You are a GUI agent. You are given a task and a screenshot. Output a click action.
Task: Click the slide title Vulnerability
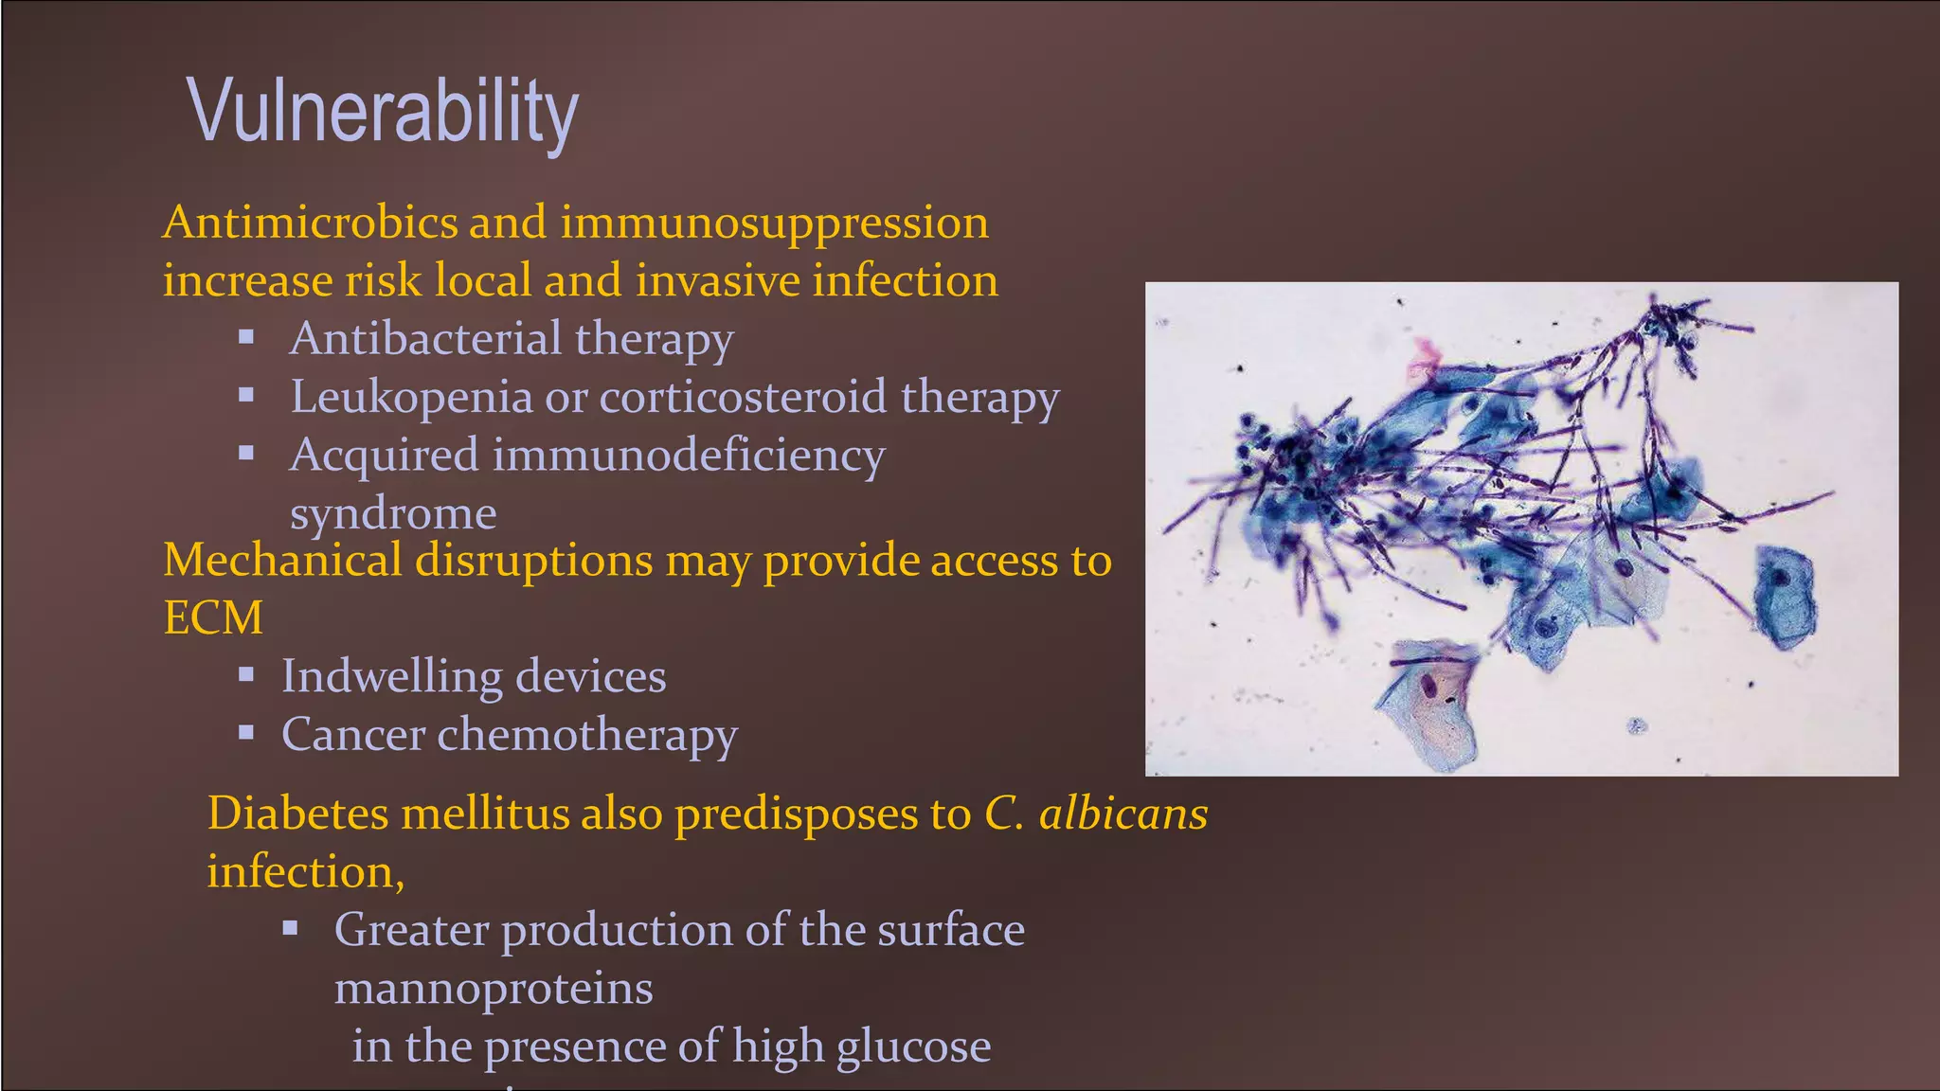pyautogui.click(x=383, y=112)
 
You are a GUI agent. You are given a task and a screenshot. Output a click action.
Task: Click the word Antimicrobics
pyautogui.click(x=310, y=224)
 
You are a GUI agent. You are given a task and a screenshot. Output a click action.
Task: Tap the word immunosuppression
pyautogui.click(x=774, y=224)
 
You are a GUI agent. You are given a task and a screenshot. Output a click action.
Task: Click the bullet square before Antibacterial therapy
pyautogui.click(x=246, y=336)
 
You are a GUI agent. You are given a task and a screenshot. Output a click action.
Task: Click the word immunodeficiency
pyautogui.click(x=688, y=456)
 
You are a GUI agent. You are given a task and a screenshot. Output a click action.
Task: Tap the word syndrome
pyautogui.click(x=392, y=514)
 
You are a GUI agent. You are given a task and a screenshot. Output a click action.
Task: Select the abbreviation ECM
pyautogui.click(x=213, y=618)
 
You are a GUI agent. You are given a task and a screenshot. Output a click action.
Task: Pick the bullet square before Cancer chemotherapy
pyautogui.click(x=246, y=731)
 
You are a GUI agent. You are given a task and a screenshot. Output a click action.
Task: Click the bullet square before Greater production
pyautogui.click(x=291, y=927)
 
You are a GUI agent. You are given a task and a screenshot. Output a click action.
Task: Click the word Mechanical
pyautogui.click(x=282, y=560)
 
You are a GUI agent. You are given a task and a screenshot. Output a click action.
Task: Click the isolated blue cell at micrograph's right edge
pyautogui.click(x=1785, y=597)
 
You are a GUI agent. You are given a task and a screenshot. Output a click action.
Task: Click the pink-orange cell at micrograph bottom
pyautogui.click(x=1431, y=706)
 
